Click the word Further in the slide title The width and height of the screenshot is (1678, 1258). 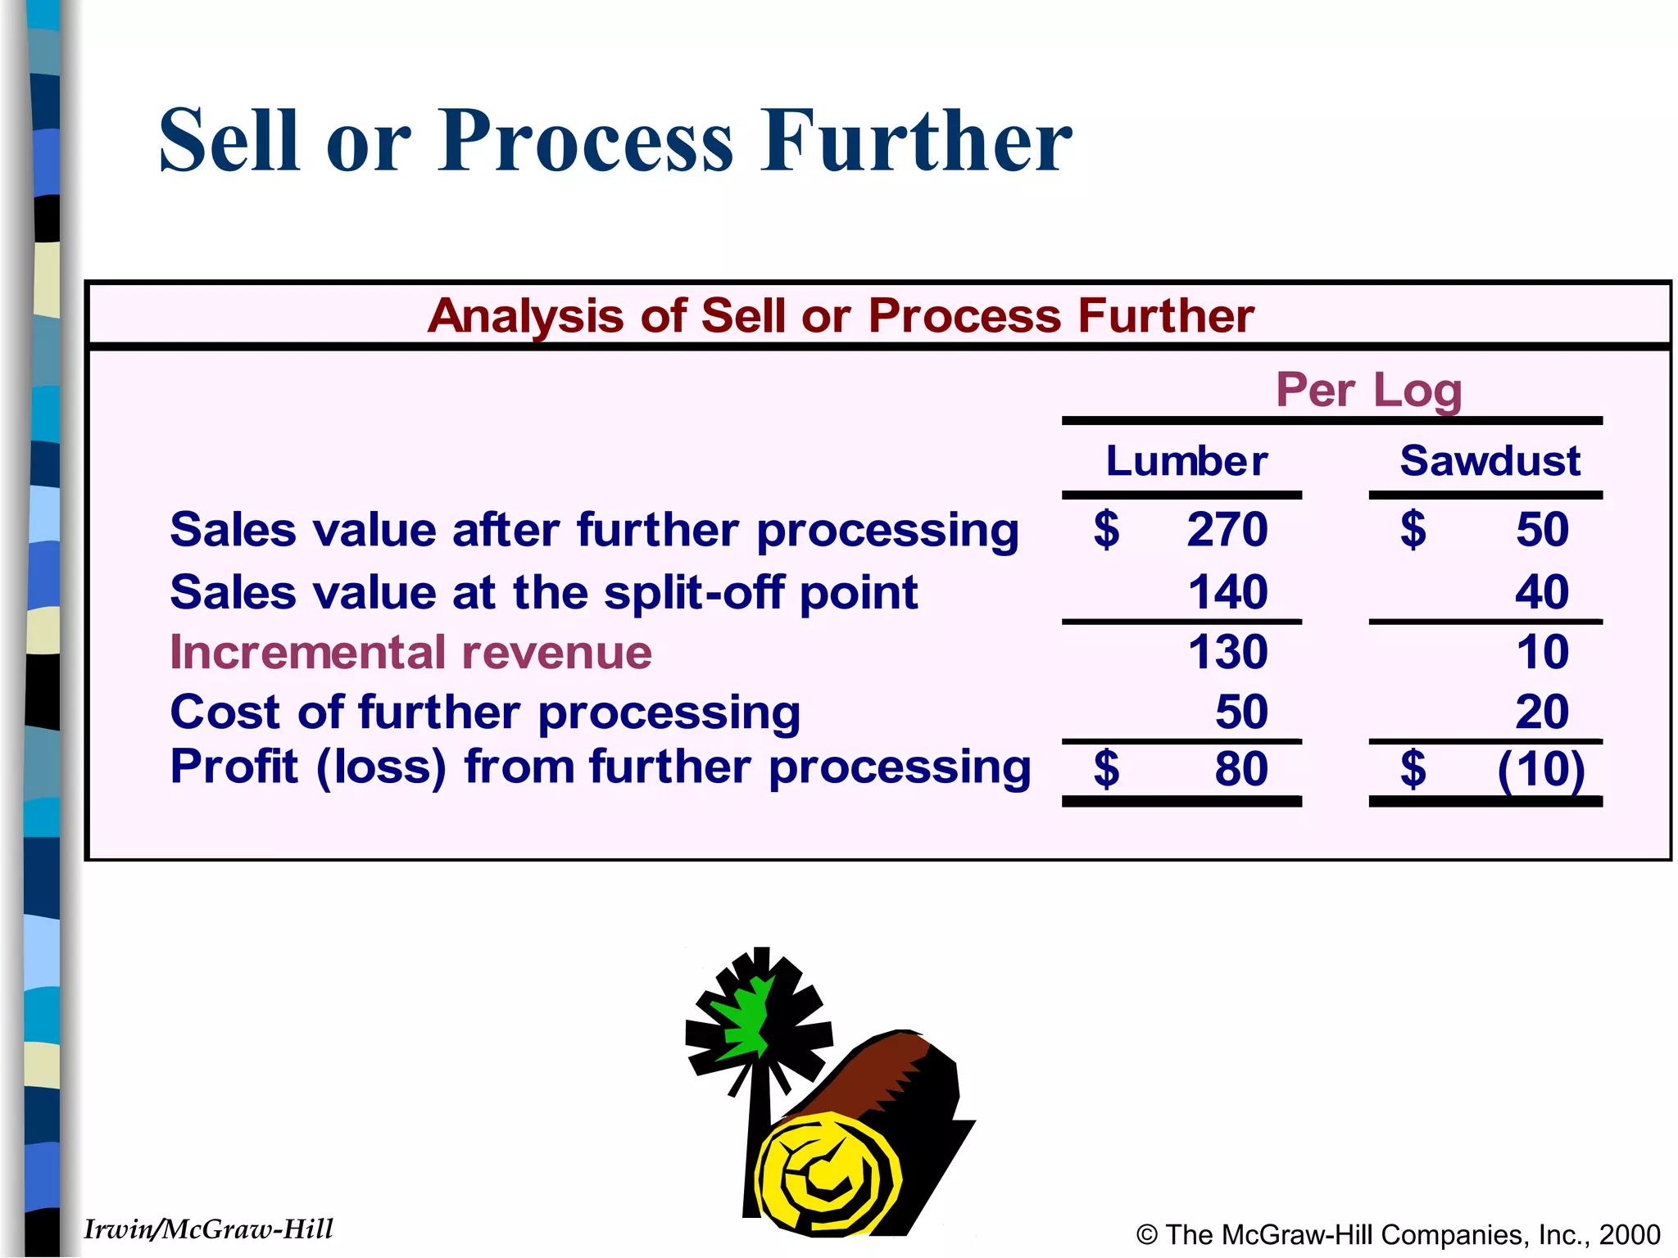(915, 141)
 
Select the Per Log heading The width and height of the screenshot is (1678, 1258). (1368, 390)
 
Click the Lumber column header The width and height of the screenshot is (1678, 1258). (1186, 460)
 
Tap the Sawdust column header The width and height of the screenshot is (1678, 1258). (1490, 460)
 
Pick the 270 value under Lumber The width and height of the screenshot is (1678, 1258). (1227, 529)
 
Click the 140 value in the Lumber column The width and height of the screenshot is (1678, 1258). (1227, 591)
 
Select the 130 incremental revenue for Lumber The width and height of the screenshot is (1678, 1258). (1227, 652)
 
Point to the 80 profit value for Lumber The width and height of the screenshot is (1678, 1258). (1240, 768)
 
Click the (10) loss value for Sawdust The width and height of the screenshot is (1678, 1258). (1540, 770)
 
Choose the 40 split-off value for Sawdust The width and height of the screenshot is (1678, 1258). (1541, 591)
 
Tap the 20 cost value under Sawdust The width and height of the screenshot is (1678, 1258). (1541, 712)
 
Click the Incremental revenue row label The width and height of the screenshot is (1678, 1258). (410, 653)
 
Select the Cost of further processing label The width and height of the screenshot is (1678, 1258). (485, 712)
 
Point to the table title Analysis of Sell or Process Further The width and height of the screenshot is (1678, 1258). (841, 315)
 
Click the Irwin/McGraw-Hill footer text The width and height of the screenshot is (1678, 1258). (208, 1229)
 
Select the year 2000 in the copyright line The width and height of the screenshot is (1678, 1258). (1629, 1234)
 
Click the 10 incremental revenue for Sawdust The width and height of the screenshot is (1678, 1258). (1542, 652)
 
